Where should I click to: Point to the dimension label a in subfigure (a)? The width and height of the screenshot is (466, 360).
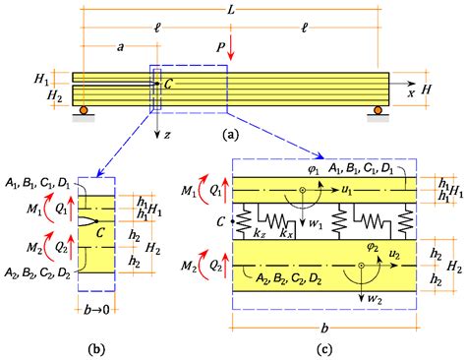(119, 45)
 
